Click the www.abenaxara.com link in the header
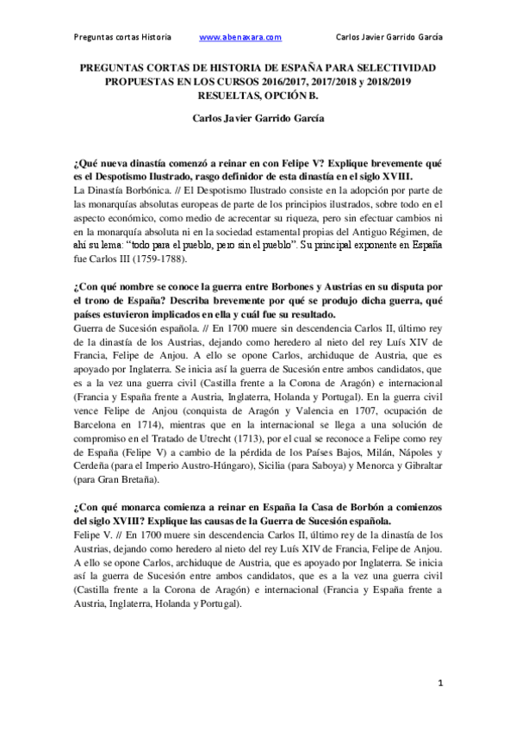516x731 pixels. [240, 37]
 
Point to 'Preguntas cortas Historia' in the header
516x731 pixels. [121, 37]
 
